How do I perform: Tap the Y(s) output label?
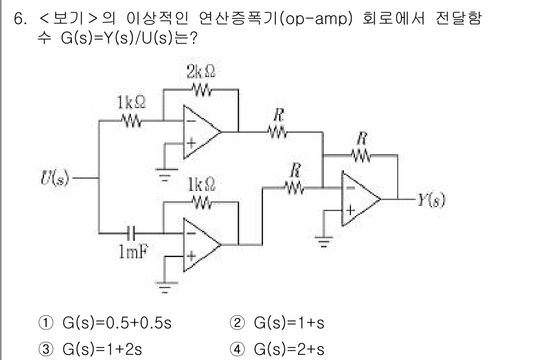pyautogui.click(x=429, y=198)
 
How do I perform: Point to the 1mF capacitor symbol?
pyautogui.click(x=133, y=231)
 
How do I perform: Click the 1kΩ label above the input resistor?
pyautogui.click(x=131, y=102)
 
